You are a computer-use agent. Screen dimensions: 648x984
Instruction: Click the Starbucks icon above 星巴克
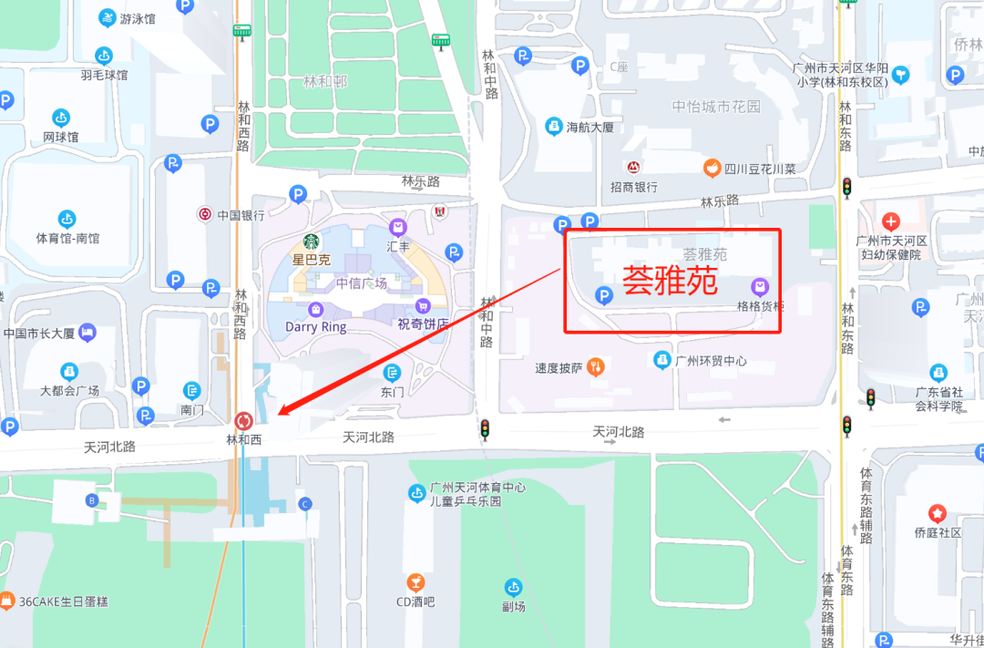(x=312, y=242)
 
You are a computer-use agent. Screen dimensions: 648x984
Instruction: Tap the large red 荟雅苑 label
(x=670, y=282)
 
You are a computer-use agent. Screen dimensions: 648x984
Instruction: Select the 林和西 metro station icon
(x=243, y=420)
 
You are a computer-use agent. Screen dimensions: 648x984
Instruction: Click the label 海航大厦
(x=589, y=128)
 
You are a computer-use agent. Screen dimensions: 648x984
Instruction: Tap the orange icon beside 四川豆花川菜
(x=712, y=168)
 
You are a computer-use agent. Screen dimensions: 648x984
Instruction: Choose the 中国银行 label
(x=241, y=215)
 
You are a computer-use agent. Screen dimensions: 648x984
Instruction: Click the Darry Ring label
(x=315, y=326)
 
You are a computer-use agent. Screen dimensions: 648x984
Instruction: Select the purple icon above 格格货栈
(x=760, y=287)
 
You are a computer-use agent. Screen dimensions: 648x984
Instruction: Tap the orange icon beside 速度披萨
(x=597, y=367)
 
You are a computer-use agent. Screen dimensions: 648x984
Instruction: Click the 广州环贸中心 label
(x=711, y=361)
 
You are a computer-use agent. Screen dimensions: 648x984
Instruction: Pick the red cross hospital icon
(x=891, y=221)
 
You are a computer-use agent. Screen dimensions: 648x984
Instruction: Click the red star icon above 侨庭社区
(x=937, y=513)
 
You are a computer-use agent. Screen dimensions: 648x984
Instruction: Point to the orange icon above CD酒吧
(x=415, y=581)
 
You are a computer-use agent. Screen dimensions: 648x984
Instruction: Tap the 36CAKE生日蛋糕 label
(x=63, y=602)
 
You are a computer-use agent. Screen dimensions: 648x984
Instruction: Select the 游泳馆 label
(x=138, y=18)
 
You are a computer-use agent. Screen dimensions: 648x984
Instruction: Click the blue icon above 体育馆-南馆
(x=67, y=219)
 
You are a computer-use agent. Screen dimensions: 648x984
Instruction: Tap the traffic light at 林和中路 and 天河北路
(x=485, y=429)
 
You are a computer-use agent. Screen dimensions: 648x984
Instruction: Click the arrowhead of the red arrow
(x=280, y=413)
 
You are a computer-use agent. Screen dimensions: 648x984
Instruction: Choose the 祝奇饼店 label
(x=423, y=324)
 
